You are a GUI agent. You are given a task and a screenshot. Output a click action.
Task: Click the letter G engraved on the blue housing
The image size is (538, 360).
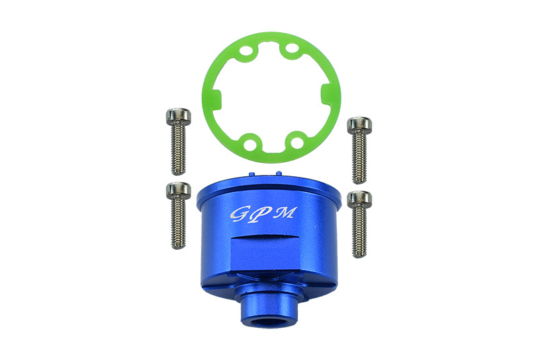coord(238,215)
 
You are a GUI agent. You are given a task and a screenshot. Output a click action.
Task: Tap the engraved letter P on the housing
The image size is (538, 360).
coord(259,214)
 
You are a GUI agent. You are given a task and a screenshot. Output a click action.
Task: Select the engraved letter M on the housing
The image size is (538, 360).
coord(283,213)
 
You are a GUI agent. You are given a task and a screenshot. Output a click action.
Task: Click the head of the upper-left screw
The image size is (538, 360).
coord(178,116)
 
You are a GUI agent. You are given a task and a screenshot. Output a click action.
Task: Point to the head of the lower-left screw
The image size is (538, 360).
coord(178,190)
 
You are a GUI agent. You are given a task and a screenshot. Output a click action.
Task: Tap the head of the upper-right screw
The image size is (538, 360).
coord(359,125)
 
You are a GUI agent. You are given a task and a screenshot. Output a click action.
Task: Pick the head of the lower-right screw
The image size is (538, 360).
coord(359,199)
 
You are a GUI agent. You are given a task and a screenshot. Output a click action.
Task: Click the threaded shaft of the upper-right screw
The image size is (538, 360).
coord(359,157)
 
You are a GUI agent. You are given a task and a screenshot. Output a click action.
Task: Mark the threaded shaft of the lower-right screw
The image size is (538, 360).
coord(359,232)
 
